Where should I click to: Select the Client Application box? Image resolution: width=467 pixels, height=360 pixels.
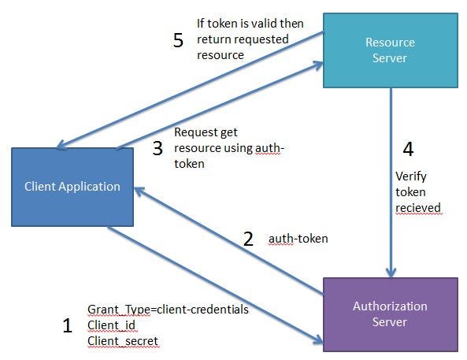point(72,187)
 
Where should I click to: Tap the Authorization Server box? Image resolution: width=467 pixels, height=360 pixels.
point(390,314)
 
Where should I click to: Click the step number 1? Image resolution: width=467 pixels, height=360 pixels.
point(67,325)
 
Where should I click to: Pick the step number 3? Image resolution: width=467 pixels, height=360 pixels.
point(158,147)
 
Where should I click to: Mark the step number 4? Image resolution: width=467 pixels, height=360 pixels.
point(408,148)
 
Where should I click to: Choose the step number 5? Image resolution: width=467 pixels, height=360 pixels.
point(178,40)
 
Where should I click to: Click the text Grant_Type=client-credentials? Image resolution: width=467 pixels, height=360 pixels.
point(168,310)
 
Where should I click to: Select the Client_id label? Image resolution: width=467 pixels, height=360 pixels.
point(111,325)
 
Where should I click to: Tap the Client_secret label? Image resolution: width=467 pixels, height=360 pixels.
point(122,341)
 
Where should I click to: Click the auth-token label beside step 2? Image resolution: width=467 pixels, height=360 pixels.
point(298,238)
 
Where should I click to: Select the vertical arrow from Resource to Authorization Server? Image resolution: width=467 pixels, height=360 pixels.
point(391,181)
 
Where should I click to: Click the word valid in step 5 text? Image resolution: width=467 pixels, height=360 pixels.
point(263,24)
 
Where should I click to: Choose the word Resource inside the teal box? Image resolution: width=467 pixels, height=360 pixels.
point(391,43)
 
